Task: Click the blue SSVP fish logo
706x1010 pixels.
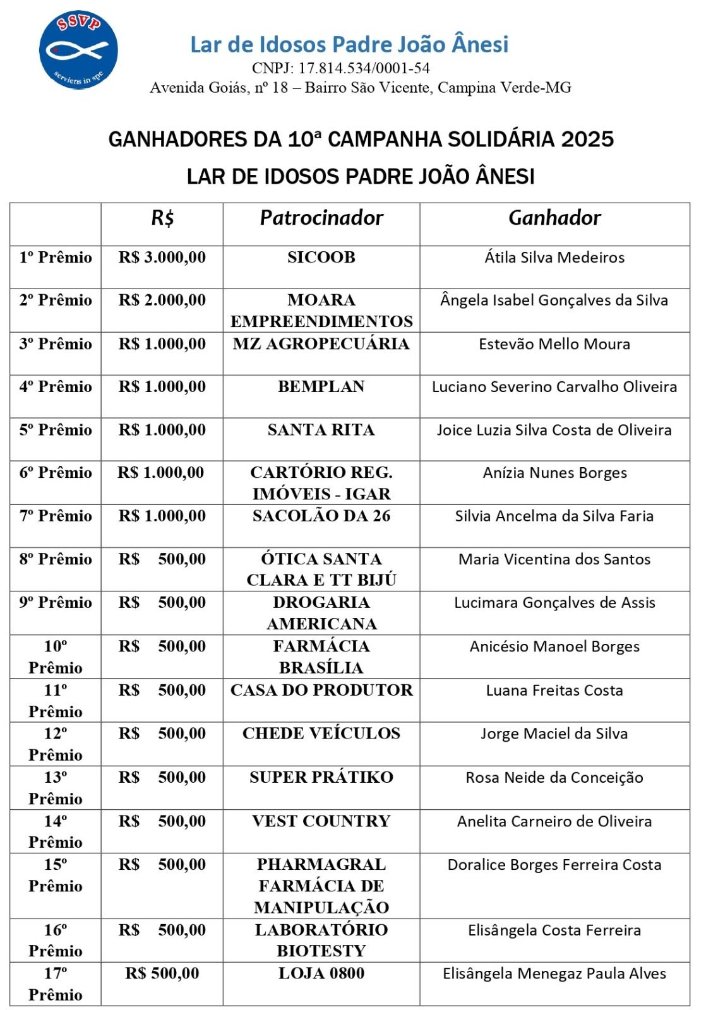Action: (x=78, y=49)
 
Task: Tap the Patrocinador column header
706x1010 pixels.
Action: (x=321, y=218)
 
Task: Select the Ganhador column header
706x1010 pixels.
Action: (x=554, y=218)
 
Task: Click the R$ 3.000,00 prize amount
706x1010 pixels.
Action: (x=162, y=258)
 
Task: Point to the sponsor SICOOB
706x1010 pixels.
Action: (x=321, y=258)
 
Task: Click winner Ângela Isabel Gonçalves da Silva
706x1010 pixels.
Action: (x=554, y=300)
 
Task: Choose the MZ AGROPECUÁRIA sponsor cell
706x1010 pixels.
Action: (x=321, y=344)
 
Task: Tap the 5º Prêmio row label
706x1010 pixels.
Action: (x=56, y=430)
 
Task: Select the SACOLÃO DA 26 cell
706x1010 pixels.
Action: (x=321, y=516)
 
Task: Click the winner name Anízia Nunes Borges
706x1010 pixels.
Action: (x=554, y=473)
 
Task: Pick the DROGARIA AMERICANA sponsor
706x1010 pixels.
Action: (x=321, y=613)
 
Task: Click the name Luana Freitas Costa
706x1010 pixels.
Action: (x=554, y=691)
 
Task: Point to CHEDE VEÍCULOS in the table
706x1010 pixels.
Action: (x=321, y=734)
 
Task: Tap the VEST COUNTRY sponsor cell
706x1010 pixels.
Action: (x=321, y=821)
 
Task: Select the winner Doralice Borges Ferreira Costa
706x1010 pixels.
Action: (x=554, y=865)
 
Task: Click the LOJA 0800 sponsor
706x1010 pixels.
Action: (x=321, y=973)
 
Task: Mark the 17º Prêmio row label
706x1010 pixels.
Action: (x=56, y=984)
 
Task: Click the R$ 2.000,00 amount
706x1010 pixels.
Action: (x=162, y=300)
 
